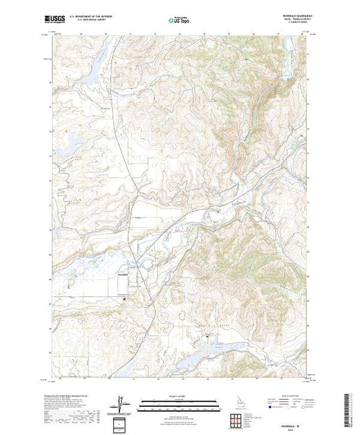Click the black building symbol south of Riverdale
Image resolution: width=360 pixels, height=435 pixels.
[x=124, y=298]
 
